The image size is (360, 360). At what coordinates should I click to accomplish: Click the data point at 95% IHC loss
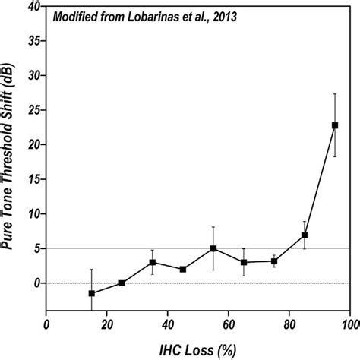point(335,125)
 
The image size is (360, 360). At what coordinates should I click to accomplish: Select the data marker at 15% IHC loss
point(92,293)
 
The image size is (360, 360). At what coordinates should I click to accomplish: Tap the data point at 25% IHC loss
point(122,283)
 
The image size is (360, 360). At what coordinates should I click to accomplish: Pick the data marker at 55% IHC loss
point(213,248)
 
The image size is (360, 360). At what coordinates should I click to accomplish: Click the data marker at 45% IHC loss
point(183,269)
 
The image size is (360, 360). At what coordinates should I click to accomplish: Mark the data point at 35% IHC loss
point(153,262)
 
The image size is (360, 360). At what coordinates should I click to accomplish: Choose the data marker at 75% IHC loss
point(274,261)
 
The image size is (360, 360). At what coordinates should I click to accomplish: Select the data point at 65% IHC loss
point(244,262)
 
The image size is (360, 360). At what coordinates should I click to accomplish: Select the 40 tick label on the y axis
point(32,7)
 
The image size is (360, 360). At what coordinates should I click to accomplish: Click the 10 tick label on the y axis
point(32,214)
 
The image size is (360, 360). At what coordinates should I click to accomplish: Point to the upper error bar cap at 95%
point(335,93)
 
